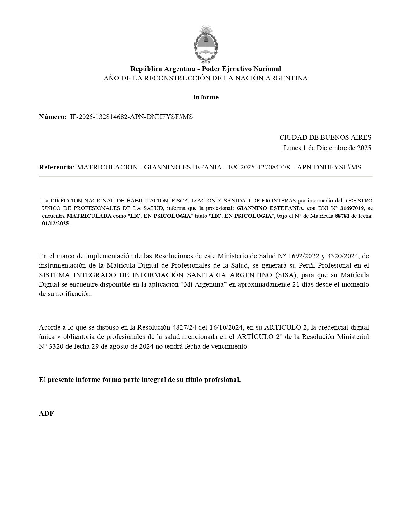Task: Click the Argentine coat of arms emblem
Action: coord(205,44)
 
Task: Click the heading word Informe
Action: coord(206,97)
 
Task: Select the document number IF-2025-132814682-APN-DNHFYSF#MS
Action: coord(131,117)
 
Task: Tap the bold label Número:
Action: coord(53,117)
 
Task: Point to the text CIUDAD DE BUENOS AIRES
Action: coord(325,137)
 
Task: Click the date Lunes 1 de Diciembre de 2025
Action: coord(327,148)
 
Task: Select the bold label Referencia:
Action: coord(57,167)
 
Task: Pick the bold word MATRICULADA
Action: coord(89,216)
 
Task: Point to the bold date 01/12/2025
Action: coord(55,224)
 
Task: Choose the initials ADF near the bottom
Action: coord(46,413)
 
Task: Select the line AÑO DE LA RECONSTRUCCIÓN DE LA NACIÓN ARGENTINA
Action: coord(206,78)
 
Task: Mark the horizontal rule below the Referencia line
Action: coord(206,176)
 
